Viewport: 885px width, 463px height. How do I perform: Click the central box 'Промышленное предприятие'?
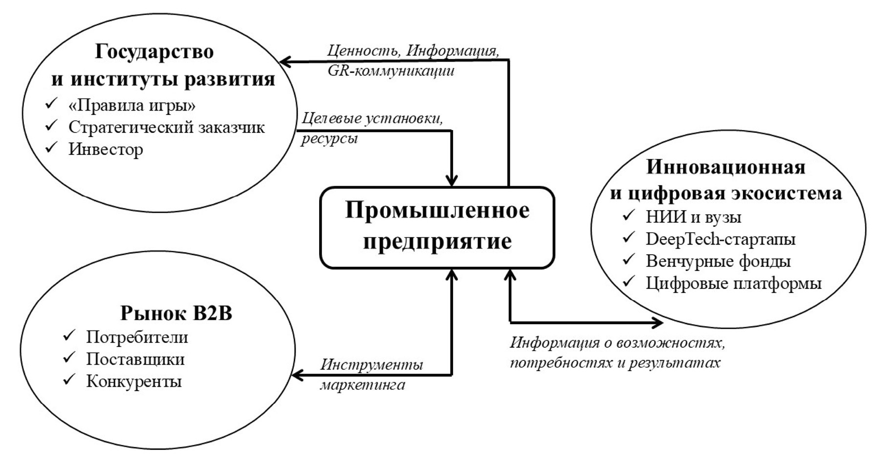[x=437, y=227]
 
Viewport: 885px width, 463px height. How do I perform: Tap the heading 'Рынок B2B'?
[x=176, y=313]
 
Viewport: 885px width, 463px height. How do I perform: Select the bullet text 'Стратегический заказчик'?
[x=166, y=127]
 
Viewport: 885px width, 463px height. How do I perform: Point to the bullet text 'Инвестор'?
[x=106, y=149]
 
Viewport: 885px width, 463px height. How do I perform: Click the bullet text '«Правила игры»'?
[x=132, y=105]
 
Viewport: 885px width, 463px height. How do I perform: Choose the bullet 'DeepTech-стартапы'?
[x=720, y=239]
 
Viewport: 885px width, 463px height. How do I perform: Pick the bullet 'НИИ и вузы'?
[x=693, y=217]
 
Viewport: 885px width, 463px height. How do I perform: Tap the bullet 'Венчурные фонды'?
[x=718, y=261]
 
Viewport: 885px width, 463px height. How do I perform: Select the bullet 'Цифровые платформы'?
[x=734, y=283]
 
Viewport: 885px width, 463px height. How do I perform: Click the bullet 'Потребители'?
[x=137, y=337]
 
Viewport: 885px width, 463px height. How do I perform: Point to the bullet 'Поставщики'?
[x=135, y=359]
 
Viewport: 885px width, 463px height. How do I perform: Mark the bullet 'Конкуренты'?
[x=134, y=381]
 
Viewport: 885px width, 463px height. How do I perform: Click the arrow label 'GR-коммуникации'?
[x=391, y=71]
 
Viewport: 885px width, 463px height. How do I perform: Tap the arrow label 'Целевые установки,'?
[x=372, y=118]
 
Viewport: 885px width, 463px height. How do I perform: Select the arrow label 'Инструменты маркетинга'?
[x=371, y=375]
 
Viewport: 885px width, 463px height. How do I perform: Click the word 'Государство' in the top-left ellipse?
[x=154, y=51]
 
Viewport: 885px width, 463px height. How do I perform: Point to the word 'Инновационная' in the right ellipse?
[x=726, y=167]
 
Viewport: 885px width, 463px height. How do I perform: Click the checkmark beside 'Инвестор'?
[x=51, y=148]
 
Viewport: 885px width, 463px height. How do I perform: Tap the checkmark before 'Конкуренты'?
[x=69, y=380]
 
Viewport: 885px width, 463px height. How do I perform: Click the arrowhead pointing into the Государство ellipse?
[x=284, y=61]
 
